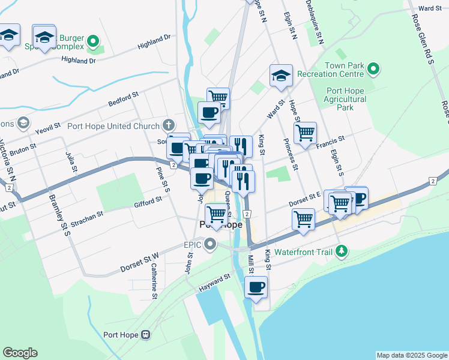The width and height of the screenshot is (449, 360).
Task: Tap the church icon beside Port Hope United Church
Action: pyautogui.click(x=169, y=126)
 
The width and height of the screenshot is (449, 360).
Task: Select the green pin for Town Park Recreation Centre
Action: pyautogui.click(x=373, y=70)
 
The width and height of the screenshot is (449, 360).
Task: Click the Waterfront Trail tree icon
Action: pyautogui.click(x=342, y=252)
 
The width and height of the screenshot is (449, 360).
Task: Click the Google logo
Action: pyautogui.click(x=20, y=353)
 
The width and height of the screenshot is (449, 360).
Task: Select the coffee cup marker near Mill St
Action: pyautogui.click(x=256, y=287)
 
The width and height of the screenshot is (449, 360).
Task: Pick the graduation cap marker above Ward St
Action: pyautogui.click(x=280, y=76)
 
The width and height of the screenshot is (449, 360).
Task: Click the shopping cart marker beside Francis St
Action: pyautogui.click(x=305, y=132)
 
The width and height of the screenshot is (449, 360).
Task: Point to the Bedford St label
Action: pyautogui.click(x=124, y=99)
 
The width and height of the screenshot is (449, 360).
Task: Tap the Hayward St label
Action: pyautogui.click(x=215, y=283)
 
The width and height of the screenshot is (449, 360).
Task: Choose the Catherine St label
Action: pyautogui.click(x=154, y=281)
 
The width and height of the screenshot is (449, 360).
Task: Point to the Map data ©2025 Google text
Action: pyautogui.click(x=411, y=355)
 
